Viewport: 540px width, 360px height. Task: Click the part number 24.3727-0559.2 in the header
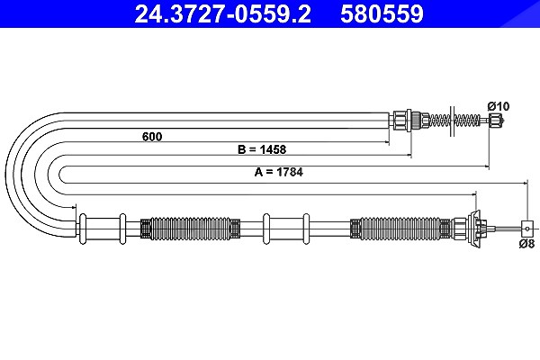coord(223,14)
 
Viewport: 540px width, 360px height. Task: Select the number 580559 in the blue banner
coord(382,14)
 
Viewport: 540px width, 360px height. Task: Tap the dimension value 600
coord(152,137)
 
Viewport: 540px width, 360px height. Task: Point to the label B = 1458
coord(262,149)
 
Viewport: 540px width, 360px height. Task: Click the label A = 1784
coord(279,172)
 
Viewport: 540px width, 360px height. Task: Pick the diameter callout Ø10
coord(499,106)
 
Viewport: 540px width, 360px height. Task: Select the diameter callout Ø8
coord(526,244)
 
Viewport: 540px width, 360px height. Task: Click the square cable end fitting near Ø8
coord(527,228)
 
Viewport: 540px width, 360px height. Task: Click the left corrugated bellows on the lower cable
coord(190,228)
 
